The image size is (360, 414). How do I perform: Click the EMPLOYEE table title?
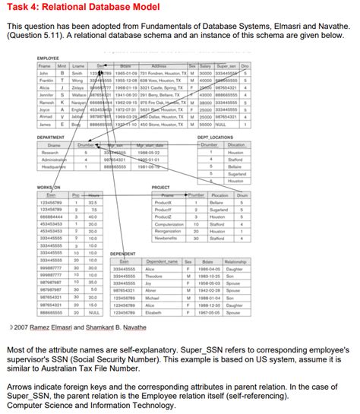[x=49, y=57]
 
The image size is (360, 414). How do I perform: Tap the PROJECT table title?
[x=162, y=187]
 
